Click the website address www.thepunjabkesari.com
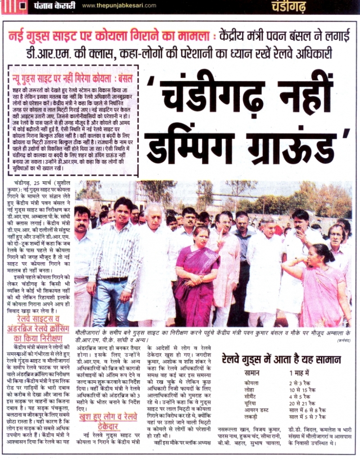pos(119,5)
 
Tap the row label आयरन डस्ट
pos(256,411)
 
